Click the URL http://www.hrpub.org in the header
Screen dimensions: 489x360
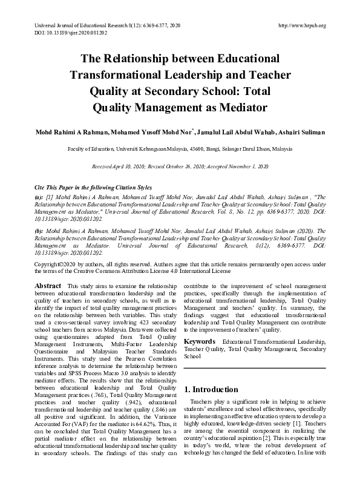(301, 25)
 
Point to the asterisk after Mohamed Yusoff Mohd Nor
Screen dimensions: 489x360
(192, 130)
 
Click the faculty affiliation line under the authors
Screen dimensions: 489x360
(180, 148)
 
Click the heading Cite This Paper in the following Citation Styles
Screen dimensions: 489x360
(93, 188)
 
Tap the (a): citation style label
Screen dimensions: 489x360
(39, 197)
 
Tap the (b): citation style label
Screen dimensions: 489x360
(39, 231)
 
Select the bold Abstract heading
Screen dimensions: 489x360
(48, 285)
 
